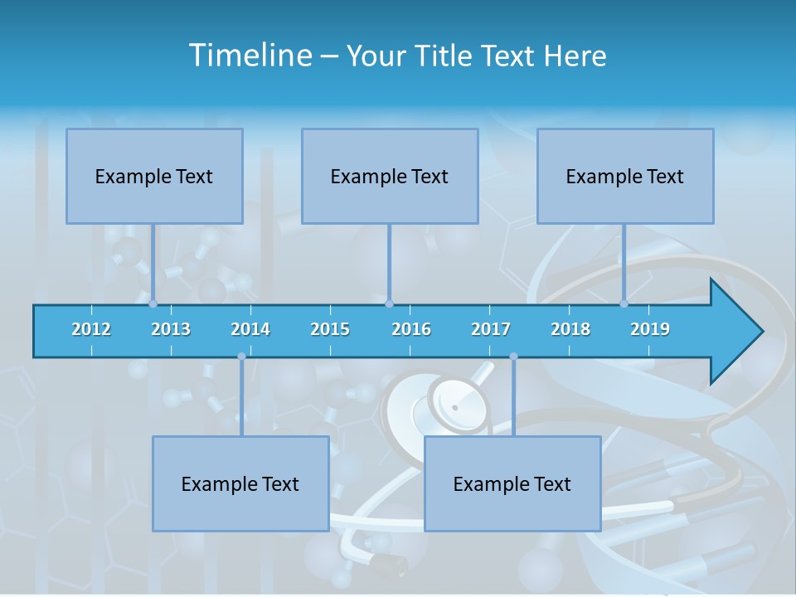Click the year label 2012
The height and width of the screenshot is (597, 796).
pyautogui.click(x=91, y=329)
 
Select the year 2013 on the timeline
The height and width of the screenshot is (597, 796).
pyautogui.click(x=171, y=329)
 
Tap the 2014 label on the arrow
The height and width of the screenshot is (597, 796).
pyautogui.click(x=250, y=329)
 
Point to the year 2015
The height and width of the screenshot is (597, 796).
pyautogui.click(x=330, y=329)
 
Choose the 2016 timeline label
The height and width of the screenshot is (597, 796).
pyautogui.click(x=411, y=329)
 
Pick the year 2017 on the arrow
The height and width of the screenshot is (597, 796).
pyautogui.click(x=491, y=329)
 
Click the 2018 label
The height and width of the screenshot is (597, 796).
pyautogui.click(x=570, y=329)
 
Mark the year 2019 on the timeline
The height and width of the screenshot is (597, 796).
pyautogui.click(x=650, y=329)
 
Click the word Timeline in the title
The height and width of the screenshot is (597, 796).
pyautogui.click(x=249, y=56)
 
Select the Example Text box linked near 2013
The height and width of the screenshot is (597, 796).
pyautogui.click(x=154, y=176)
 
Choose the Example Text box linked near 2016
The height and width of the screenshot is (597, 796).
pyautogui.click(x=390, y=176)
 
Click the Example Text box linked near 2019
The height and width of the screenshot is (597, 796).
pyautogui.click(x=625, y=176)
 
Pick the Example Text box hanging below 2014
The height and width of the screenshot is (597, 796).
pyautogui.click(x=240, y=483)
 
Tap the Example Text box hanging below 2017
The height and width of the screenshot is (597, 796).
pyautogui.click(x=512, y=483)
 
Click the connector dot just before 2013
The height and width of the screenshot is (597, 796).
pyautogui.click(x=153, y=304)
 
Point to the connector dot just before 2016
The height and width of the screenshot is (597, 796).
pyautogui.click(x=390, y=304)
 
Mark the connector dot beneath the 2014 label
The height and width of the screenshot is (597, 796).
pyautogui.click(x=241, y=357)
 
